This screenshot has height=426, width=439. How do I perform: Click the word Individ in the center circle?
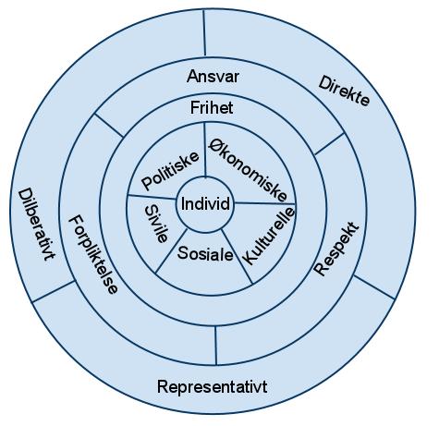205,203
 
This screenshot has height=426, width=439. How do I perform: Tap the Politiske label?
170,170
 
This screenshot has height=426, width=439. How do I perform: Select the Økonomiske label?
248,170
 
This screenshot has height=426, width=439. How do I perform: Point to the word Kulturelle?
269,237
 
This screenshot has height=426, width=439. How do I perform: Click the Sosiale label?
205,254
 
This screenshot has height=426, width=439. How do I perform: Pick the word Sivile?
156,224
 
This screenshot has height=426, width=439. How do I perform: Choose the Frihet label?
212,108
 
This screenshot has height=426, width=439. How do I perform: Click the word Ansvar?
213,76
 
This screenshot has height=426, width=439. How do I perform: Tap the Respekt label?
336,249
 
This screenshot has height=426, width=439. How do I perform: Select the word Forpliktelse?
92,254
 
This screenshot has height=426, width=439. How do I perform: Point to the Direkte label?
344,91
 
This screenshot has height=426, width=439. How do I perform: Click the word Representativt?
213,386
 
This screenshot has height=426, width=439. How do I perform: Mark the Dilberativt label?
36,225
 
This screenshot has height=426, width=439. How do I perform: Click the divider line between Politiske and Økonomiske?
204,150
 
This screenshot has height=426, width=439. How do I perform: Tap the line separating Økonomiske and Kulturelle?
264,203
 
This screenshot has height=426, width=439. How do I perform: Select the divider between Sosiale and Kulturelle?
237,256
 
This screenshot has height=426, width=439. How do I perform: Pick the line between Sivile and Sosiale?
171,250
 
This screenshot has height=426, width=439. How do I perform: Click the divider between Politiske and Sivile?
152,197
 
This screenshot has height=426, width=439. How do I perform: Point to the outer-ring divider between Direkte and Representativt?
374,287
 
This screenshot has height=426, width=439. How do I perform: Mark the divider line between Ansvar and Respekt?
329,144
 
